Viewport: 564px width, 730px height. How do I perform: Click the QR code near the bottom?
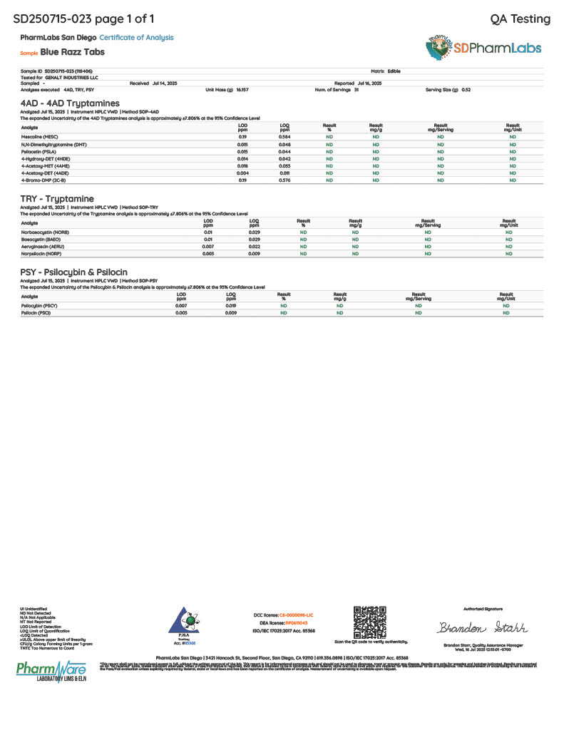(370, 623)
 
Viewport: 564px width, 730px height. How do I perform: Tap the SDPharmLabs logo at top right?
(485, 48)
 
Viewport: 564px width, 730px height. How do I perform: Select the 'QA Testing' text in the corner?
(521, 19)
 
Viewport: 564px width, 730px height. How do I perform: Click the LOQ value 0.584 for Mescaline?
(284, 136)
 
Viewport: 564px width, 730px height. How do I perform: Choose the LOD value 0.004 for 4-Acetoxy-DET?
(243, 173)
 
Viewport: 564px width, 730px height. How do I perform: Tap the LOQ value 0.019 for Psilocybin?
(231, 305)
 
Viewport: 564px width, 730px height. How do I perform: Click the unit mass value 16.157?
(242, 90)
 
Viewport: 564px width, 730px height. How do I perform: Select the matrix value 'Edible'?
(394, 71)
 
